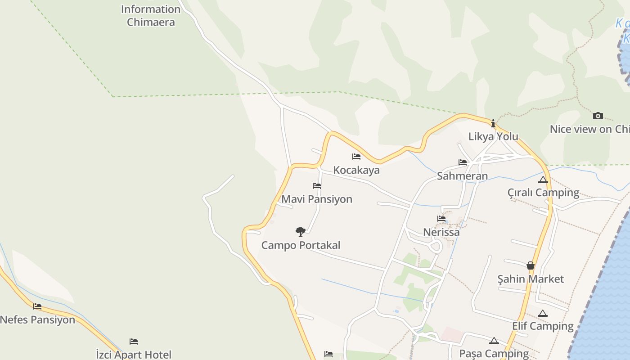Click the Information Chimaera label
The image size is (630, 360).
tap(151, 15)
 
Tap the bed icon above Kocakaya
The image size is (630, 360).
tap(356, 157)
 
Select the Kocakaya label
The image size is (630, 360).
tap(356, 170)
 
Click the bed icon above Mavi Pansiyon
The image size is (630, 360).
tap(317, 185)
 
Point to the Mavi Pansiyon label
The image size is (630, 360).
tap(317, 199)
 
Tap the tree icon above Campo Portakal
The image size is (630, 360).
tap(301, 232)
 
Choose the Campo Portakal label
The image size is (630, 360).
tap(301, 245)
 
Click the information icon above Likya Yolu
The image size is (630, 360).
tap(493, 123)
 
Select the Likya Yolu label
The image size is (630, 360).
tap(493, 136)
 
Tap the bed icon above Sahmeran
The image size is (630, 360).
tap(463, 162)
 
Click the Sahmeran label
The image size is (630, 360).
tap(463, 176)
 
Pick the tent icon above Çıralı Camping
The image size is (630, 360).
tap(543, 180)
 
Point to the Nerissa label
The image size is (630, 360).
tap(441, 232)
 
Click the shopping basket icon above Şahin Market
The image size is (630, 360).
tap(531, 265)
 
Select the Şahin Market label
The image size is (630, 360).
tap(531, 279)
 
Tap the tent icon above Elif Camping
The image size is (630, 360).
tap(543, 313)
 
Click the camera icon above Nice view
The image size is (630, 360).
tap(598, 116)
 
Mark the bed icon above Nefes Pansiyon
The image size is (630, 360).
tap(37, 306)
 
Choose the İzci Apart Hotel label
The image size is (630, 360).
tap(134, 355)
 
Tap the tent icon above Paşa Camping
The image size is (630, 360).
tap(494, 341)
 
